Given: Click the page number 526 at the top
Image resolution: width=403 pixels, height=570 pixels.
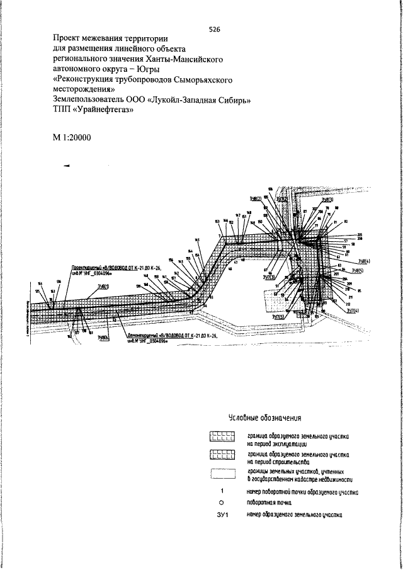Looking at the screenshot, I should pyautogui.click(x=214, y=30).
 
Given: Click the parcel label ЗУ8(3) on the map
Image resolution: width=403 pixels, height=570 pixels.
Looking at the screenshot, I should pyautogui.click(x=327, y=200).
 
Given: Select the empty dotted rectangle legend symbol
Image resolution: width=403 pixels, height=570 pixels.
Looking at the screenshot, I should pyautogui.click(x=222, y=474).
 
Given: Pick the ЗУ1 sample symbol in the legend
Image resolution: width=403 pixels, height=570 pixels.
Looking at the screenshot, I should pyautogui.click(x=222, y=516).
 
